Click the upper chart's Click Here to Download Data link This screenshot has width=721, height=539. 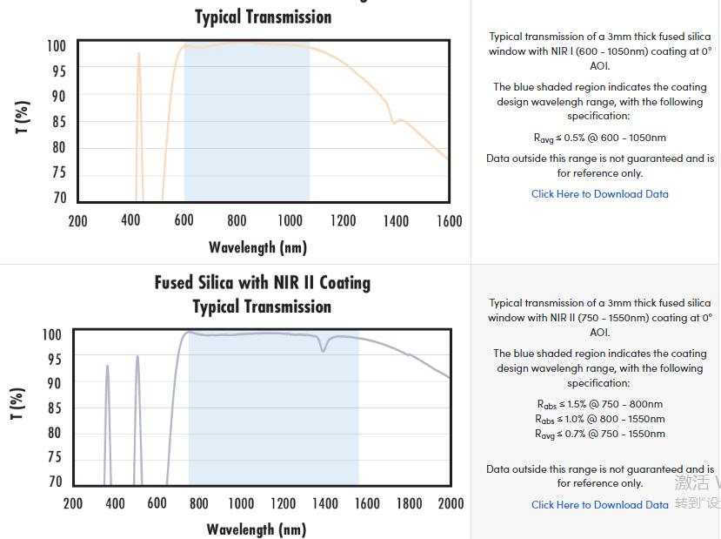(x=599, y=194)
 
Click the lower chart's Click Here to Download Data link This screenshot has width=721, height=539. (x=599, y=505)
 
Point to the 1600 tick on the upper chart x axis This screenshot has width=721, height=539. (x=449, y=221)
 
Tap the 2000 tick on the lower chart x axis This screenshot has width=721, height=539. (x=451, y=503)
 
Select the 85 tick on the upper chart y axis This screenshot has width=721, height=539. (x=58, y=122)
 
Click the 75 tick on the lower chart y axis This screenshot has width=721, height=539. (x=54, y=457)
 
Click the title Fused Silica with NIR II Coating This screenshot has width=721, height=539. (x=262, y=283)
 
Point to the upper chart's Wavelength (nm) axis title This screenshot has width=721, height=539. (x=257, y=247)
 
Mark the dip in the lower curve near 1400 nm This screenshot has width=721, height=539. (x=324, y=349)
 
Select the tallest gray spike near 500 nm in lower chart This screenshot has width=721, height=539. (x=137, y=357)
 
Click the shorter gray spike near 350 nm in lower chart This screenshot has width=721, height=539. (x=107, y=367)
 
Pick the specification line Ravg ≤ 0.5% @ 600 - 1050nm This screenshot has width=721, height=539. (x=599, y=138)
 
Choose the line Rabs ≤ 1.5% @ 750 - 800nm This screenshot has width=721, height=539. (x=599, y=404)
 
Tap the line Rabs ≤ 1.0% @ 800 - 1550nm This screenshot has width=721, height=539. (x=599, y=419)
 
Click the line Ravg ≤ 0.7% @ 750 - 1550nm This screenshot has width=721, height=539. (x=599, y=434)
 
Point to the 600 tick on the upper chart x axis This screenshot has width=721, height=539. (x=184, y=221)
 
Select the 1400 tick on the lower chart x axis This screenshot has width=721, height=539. (x=325, y=503)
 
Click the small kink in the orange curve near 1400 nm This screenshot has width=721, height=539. (x=395, y=121)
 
